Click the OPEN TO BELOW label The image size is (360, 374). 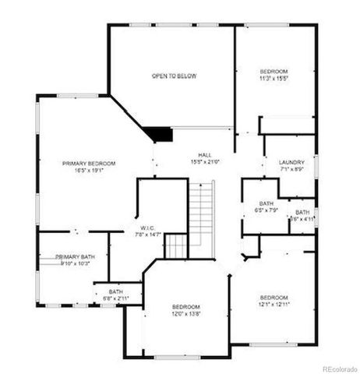[x=173, y=76]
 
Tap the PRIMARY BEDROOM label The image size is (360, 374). [x=89, y=163]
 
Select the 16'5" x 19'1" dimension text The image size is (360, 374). [x=89, y=170]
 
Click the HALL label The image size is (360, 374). [x=205, y=154]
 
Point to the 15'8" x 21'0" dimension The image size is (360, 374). [x=205, y=161]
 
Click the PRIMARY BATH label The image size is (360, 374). [x=76, y=256]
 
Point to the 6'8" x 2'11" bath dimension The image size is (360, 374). [x=115, y=298]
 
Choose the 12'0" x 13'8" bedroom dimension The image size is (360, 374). [x=186, y=314]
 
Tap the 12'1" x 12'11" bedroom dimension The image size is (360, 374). [x=274, y=305]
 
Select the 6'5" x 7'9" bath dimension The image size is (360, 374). [x=266, y=210]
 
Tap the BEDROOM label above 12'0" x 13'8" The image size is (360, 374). [x=186, y=307]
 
